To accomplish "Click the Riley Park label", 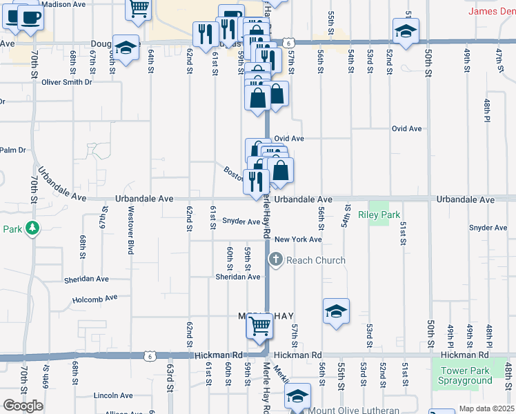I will (379, 215).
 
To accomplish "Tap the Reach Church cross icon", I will (275, 259).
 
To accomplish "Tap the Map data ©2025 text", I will (486, 408).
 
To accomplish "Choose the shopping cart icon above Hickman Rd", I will (259, 324).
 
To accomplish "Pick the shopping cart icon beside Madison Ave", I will (139, 7).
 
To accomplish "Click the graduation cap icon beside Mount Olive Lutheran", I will (298, 396).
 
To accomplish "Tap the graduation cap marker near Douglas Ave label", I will (126, 48).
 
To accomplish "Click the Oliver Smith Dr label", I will (67, 82).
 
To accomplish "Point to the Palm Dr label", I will (12, 150).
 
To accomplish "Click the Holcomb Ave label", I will (95, 299).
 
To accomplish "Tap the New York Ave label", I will (298, 239).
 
